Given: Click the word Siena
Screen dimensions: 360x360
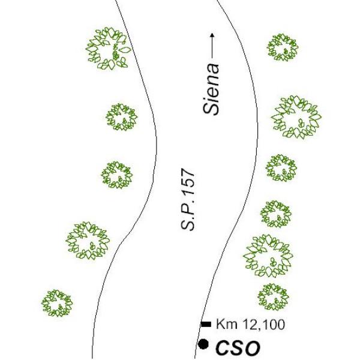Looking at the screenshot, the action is (211, 89).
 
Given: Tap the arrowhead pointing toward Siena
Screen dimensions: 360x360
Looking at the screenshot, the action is (212, 35).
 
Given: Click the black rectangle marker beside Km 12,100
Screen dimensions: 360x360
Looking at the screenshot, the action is (206, 324).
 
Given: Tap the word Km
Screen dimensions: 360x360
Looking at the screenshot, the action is (226, 325).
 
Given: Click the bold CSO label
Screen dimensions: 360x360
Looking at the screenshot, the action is (238, 348).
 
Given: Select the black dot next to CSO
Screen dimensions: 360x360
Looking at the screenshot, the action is (203, 344).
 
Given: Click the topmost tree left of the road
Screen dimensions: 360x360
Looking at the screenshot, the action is (108, 49).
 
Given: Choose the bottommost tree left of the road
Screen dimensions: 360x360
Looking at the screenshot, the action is (57, 303).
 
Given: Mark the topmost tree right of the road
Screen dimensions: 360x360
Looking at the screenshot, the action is (283, 47).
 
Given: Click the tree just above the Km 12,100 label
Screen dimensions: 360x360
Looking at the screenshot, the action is (273, 297).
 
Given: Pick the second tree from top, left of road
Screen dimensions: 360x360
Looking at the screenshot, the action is (121, 117).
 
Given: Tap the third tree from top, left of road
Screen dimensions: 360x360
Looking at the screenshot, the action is (117, 175).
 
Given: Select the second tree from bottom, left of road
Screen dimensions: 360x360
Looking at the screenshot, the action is (88, 241).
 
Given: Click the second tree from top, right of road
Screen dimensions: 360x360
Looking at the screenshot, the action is (296, 118).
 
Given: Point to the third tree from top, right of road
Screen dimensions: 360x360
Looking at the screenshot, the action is (281, 168).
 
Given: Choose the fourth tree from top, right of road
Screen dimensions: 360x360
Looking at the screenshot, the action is (276, 214).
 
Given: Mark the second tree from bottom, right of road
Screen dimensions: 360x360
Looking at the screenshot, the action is (268, 256).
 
